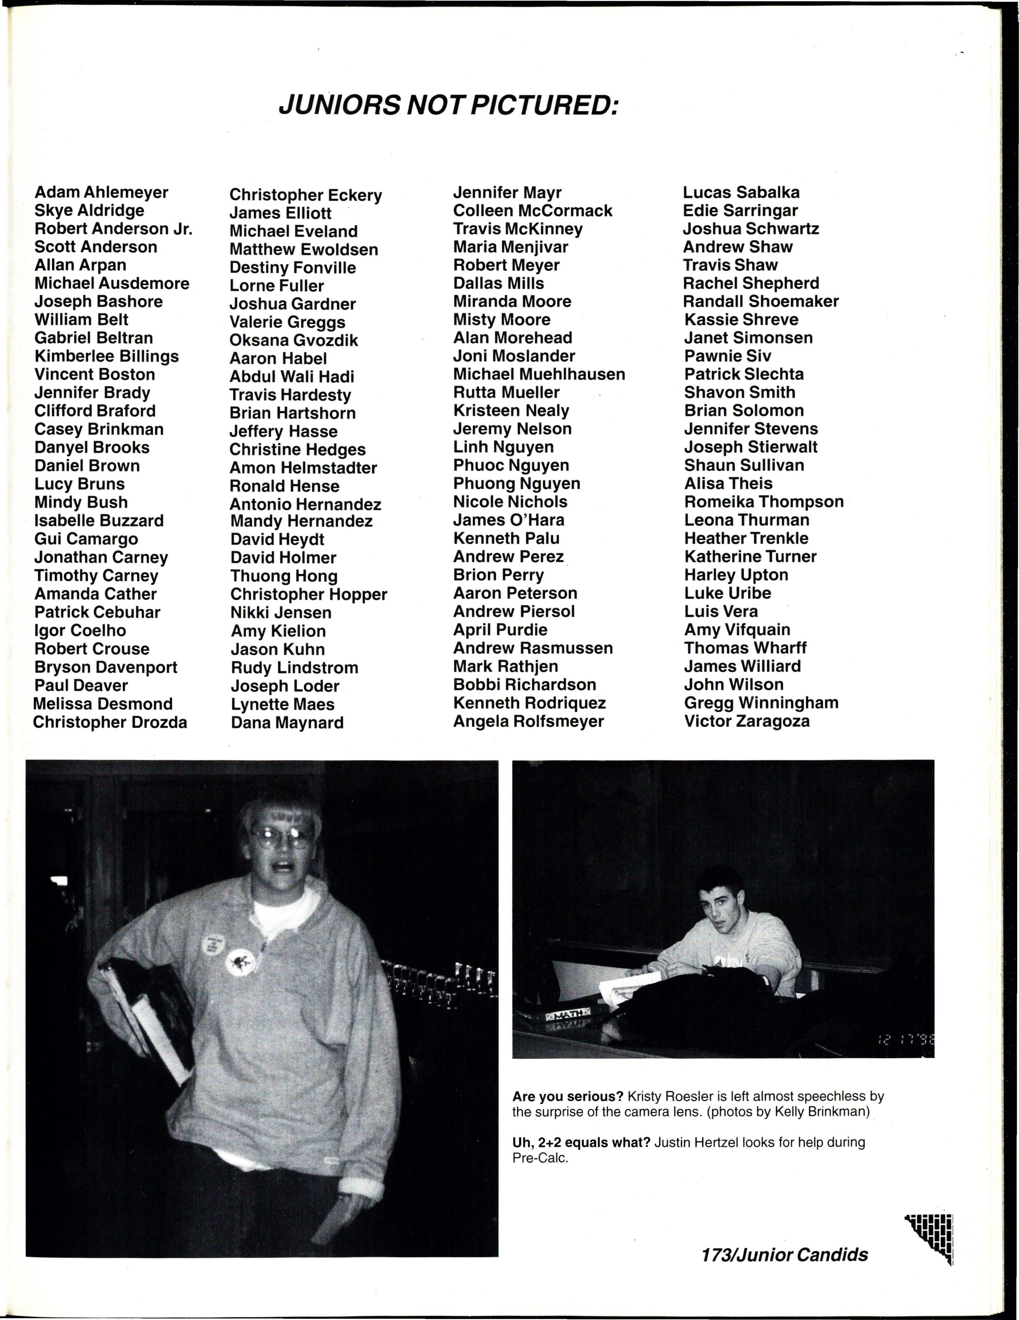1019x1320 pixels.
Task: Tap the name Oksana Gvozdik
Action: pos(293,340)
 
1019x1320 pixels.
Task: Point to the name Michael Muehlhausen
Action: pos(539,374)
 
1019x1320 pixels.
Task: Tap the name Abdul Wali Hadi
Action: pos(292,377)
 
